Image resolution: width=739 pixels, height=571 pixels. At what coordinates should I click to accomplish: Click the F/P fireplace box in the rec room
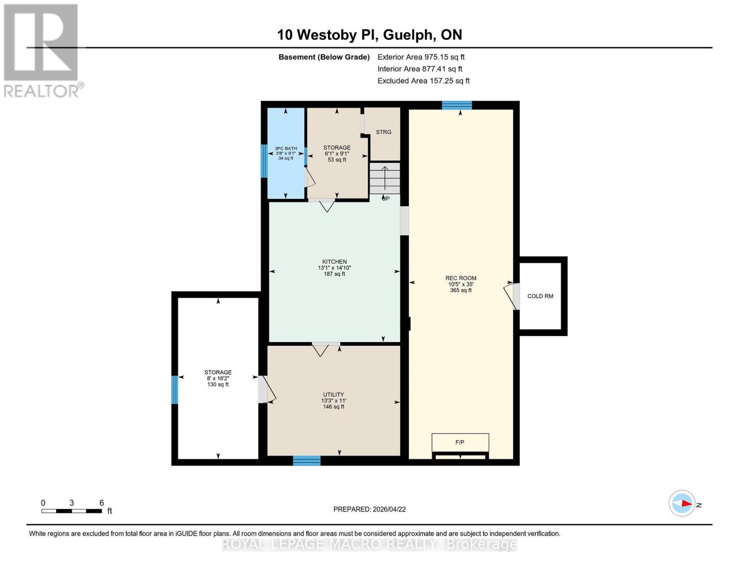click(460, 442)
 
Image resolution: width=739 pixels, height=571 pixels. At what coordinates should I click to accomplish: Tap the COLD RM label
click(540, 296)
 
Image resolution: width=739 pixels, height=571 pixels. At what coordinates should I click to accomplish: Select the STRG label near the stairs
click(383, 132)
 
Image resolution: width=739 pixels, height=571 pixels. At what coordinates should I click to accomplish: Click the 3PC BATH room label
click(286, 148)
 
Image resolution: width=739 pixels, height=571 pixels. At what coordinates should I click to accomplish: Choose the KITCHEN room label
click(335, 262)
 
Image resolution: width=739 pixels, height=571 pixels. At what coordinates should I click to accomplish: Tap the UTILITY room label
click(333, 394)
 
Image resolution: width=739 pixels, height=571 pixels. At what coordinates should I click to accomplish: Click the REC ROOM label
click(461, 278)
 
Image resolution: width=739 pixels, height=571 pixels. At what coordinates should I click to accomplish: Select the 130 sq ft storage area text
click(218, 384)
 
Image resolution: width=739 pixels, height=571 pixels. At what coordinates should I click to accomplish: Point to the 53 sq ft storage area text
click(337, 159)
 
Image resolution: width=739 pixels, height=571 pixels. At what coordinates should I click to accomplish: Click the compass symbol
click(681, 503)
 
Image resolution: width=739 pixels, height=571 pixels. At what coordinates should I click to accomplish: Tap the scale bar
click(72, 511)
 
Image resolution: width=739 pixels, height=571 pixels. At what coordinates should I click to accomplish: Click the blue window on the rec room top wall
click(457, 105)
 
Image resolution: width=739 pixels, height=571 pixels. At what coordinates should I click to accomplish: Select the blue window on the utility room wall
click(306, 461)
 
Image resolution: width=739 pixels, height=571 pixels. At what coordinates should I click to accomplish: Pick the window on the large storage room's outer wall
click(175, 390)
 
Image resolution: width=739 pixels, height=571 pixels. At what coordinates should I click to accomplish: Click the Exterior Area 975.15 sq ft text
click(421, 57)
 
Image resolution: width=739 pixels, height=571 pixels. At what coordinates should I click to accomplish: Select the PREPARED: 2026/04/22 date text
click(369, 509)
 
